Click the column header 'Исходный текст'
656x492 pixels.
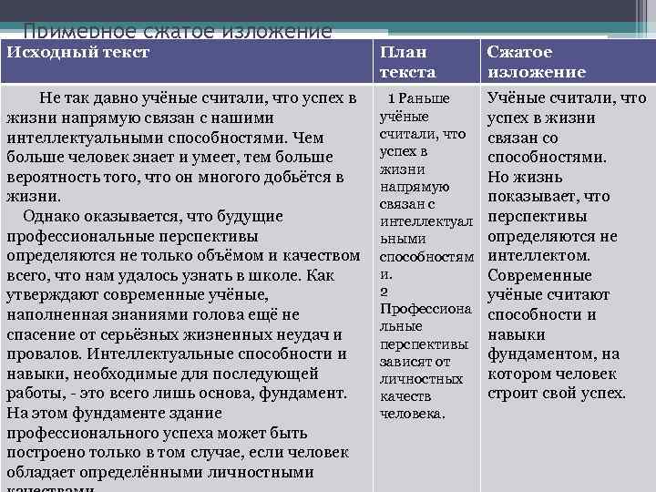tap(77, 53)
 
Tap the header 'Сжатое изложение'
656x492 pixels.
tap(538, 62)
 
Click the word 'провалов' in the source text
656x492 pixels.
tap(42, 354)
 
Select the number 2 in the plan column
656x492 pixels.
tap(384, 292)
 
